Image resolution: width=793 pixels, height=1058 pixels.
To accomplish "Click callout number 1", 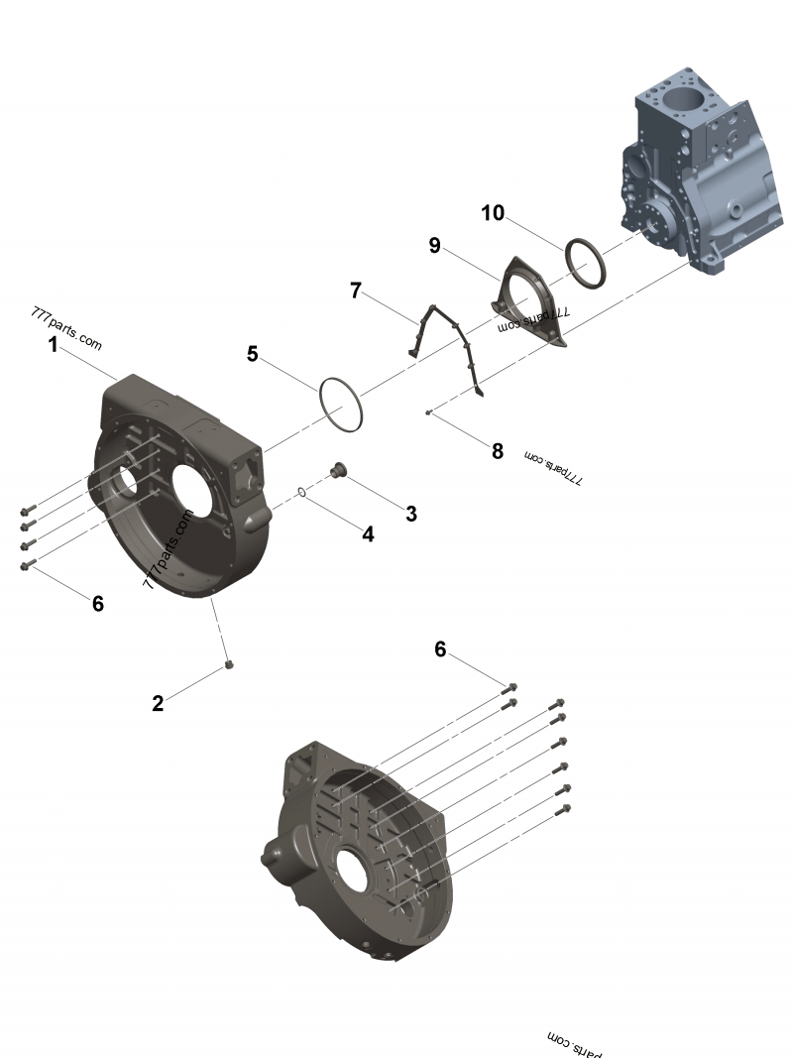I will [53, 345].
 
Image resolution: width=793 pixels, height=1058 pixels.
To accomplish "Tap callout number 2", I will [159, 703].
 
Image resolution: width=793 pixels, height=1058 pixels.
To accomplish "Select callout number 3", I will [410, 513].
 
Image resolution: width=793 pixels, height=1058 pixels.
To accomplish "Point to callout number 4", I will [368, 533].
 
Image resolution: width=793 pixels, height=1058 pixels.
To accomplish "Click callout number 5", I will [253, 353].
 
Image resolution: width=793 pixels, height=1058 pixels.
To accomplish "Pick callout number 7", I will [356, 291].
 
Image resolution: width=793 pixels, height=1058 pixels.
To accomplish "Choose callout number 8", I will [498, 451].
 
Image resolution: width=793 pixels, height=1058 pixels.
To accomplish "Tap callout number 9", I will [434, 245].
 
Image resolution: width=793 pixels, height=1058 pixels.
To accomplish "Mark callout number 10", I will [493, 212].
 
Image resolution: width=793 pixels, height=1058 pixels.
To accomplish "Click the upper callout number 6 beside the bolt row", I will [441, 649].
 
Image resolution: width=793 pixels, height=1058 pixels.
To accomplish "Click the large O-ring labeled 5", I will [341, 405].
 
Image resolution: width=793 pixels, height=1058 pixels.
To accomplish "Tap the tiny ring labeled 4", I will [300, 491].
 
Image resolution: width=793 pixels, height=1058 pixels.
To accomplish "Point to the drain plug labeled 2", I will [229, 665].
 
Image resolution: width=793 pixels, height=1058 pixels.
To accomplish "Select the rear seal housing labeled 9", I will [532, 301].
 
